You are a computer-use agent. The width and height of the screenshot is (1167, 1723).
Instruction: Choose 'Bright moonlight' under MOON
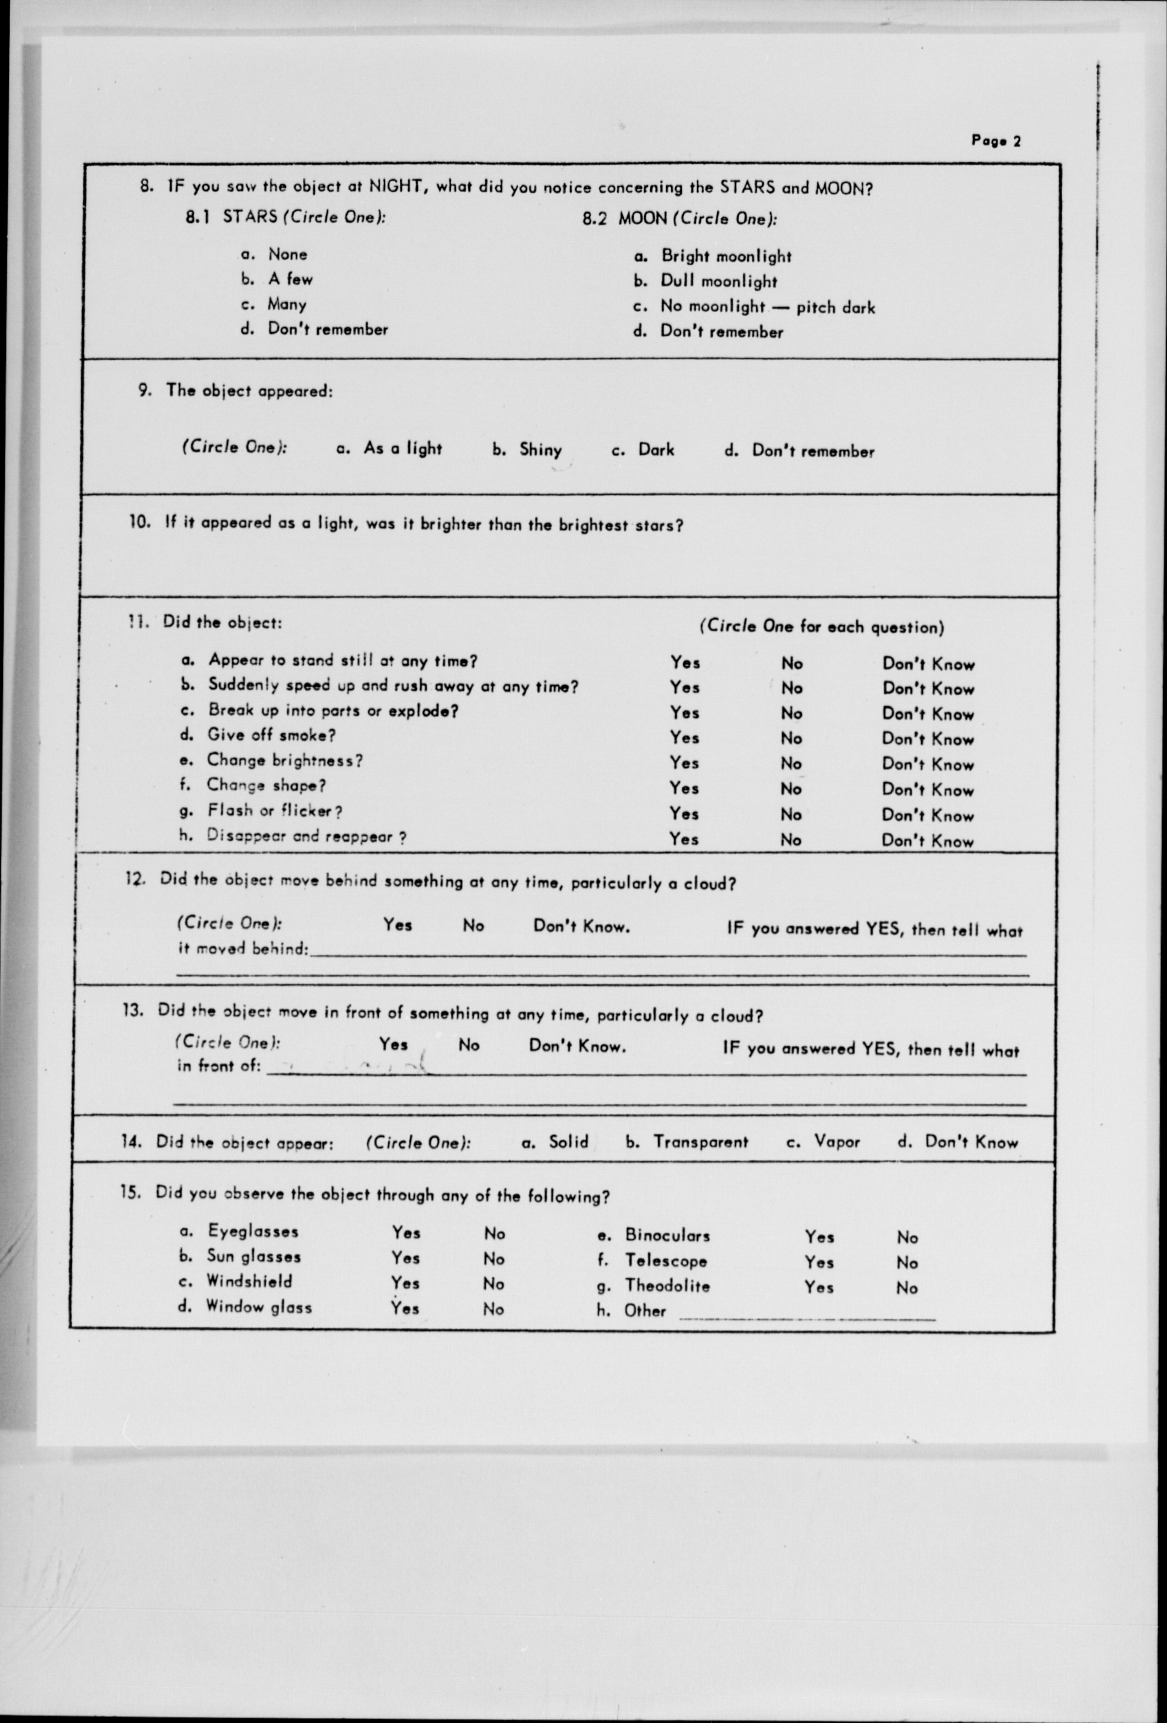(x=726, y=256)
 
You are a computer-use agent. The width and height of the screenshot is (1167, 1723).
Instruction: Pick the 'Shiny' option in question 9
(x=540, y=449)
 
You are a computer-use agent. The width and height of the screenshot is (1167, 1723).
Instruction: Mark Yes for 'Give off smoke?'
(x=684, y=738)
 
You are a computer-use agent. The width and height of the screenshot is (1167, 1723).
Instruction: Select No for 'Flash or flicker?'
(x=791, y=815)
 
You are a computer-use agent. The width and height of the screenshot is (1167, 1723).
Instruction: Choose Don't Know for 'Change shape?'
(x=927, y=790)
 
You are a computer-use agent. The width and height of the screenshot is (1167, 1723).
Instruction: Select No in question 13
(x=469, y=1045)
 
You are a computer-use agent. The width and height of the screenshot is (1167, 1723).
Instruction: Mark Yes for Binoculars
(x=819, y=1237)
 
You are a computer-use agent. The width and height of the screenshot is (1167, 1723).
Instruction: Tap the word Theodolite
(x=667, y=1286)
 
